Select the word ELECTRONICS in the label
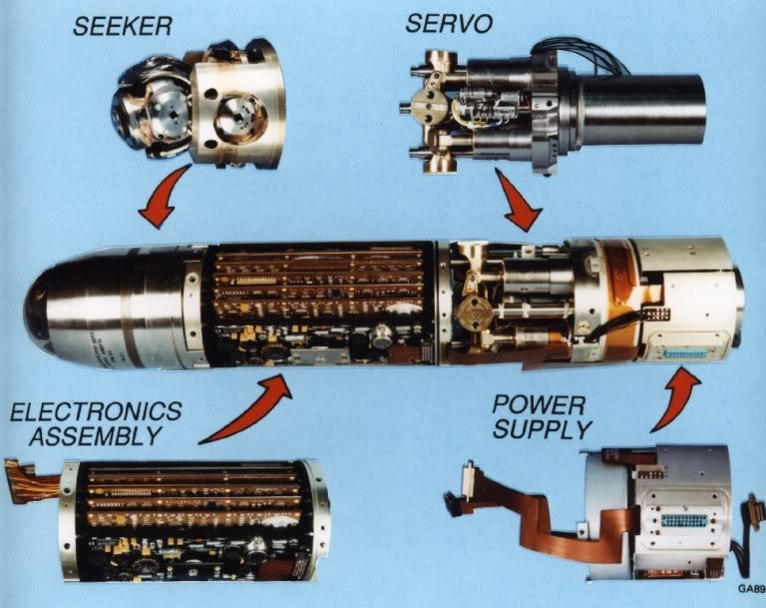point(91,411)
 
